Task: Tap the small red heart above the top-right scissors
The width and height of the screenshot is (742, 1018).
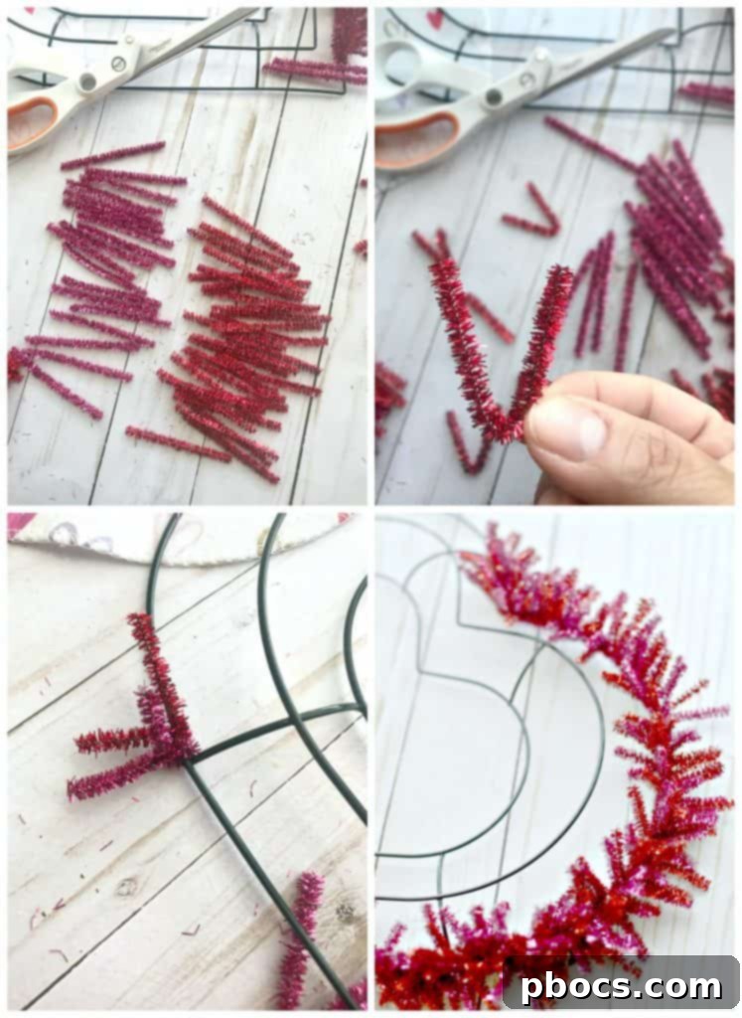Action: (434, 18)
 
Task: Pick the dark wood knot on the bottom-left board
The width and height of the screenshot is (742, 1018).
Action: (126, 888)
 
